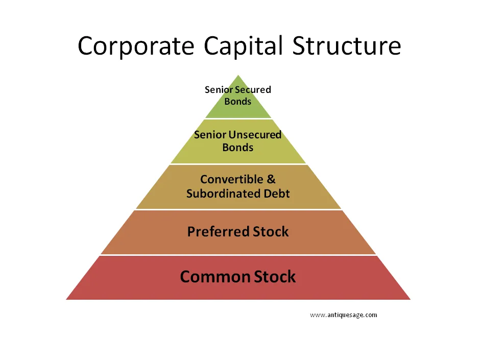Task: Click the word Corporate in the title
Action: tap(136, 46)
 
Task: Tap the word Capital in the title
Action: tap(243, 46)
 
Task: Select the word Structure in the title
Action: tap(347, 45)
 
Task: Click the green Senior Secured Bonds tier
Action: tap(238, 101)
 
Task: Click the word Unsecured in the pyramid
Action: tap(255, 134)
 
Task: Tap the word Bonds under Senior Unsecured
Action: tap(238, 147)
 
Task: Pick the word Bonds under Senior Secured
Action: tap(238, 101)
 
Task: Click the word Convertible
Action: tap(232, 179)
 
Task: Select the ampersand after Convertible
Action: tap(271, 179)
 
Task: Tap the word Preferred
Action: tap(218, 231)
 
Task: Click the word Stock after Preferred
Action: tap(271, 231)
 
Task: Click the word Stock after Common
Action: tap(275, 277)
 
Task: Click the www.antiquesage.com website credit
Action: tap(344, 315)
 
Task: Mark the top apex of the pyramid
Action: tap(238, 75)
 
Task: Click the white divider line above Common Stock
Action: tap(238, 255)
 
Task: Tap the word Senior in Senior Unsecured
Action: tap(210, 134)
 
